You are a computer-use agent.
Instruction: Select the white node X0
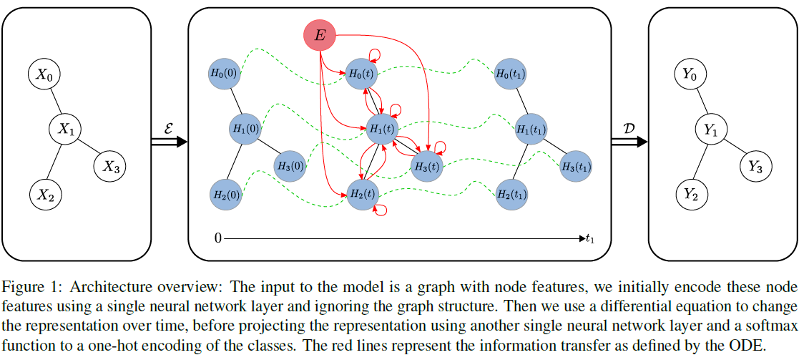pyautogui.click(x=44, y=74)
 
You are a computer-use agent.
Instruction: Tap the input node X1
pyautogui.click(x=67, y=130)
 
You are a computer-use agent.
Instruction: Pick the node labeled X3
pyautogui.click(x=110, y=166)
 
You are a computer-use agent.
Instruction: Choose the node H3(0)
pyautogui.click(x=289, y=166)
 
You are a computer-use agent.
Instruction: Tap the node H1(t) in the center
pyautogui.click(x=381, y=130)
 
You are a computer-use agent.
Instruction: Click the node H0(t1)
pyautogui.click(x=511, y=73)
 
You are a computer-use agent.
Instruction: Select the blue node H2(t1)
pyautogui.click(x=511, y=194)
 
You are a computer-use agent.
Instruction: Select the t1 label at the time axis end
pyautogui.click(x=590, y=239)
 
